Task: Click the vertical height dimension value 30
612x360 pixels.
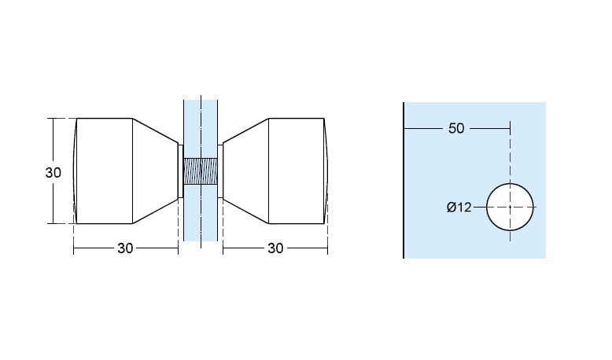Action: coord(53,172)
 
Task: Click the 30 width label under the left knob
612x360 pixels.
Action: coord(125,248)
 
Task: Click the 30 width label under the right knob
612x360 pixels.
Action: coord(275,248)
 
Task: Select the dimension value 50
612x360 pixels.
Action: coord(456,128)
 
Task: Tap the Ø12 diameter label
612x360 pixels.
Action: coord(459,207)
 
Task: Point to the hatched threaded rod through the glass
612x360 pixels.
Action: coord(201,171)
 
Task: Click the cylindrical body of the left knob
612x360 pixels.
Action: coord(105,171)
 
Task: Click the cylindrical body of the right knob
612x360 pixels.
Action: coord(297,171)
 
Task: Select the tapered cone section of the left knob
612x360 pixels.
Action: coord(155,171)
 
